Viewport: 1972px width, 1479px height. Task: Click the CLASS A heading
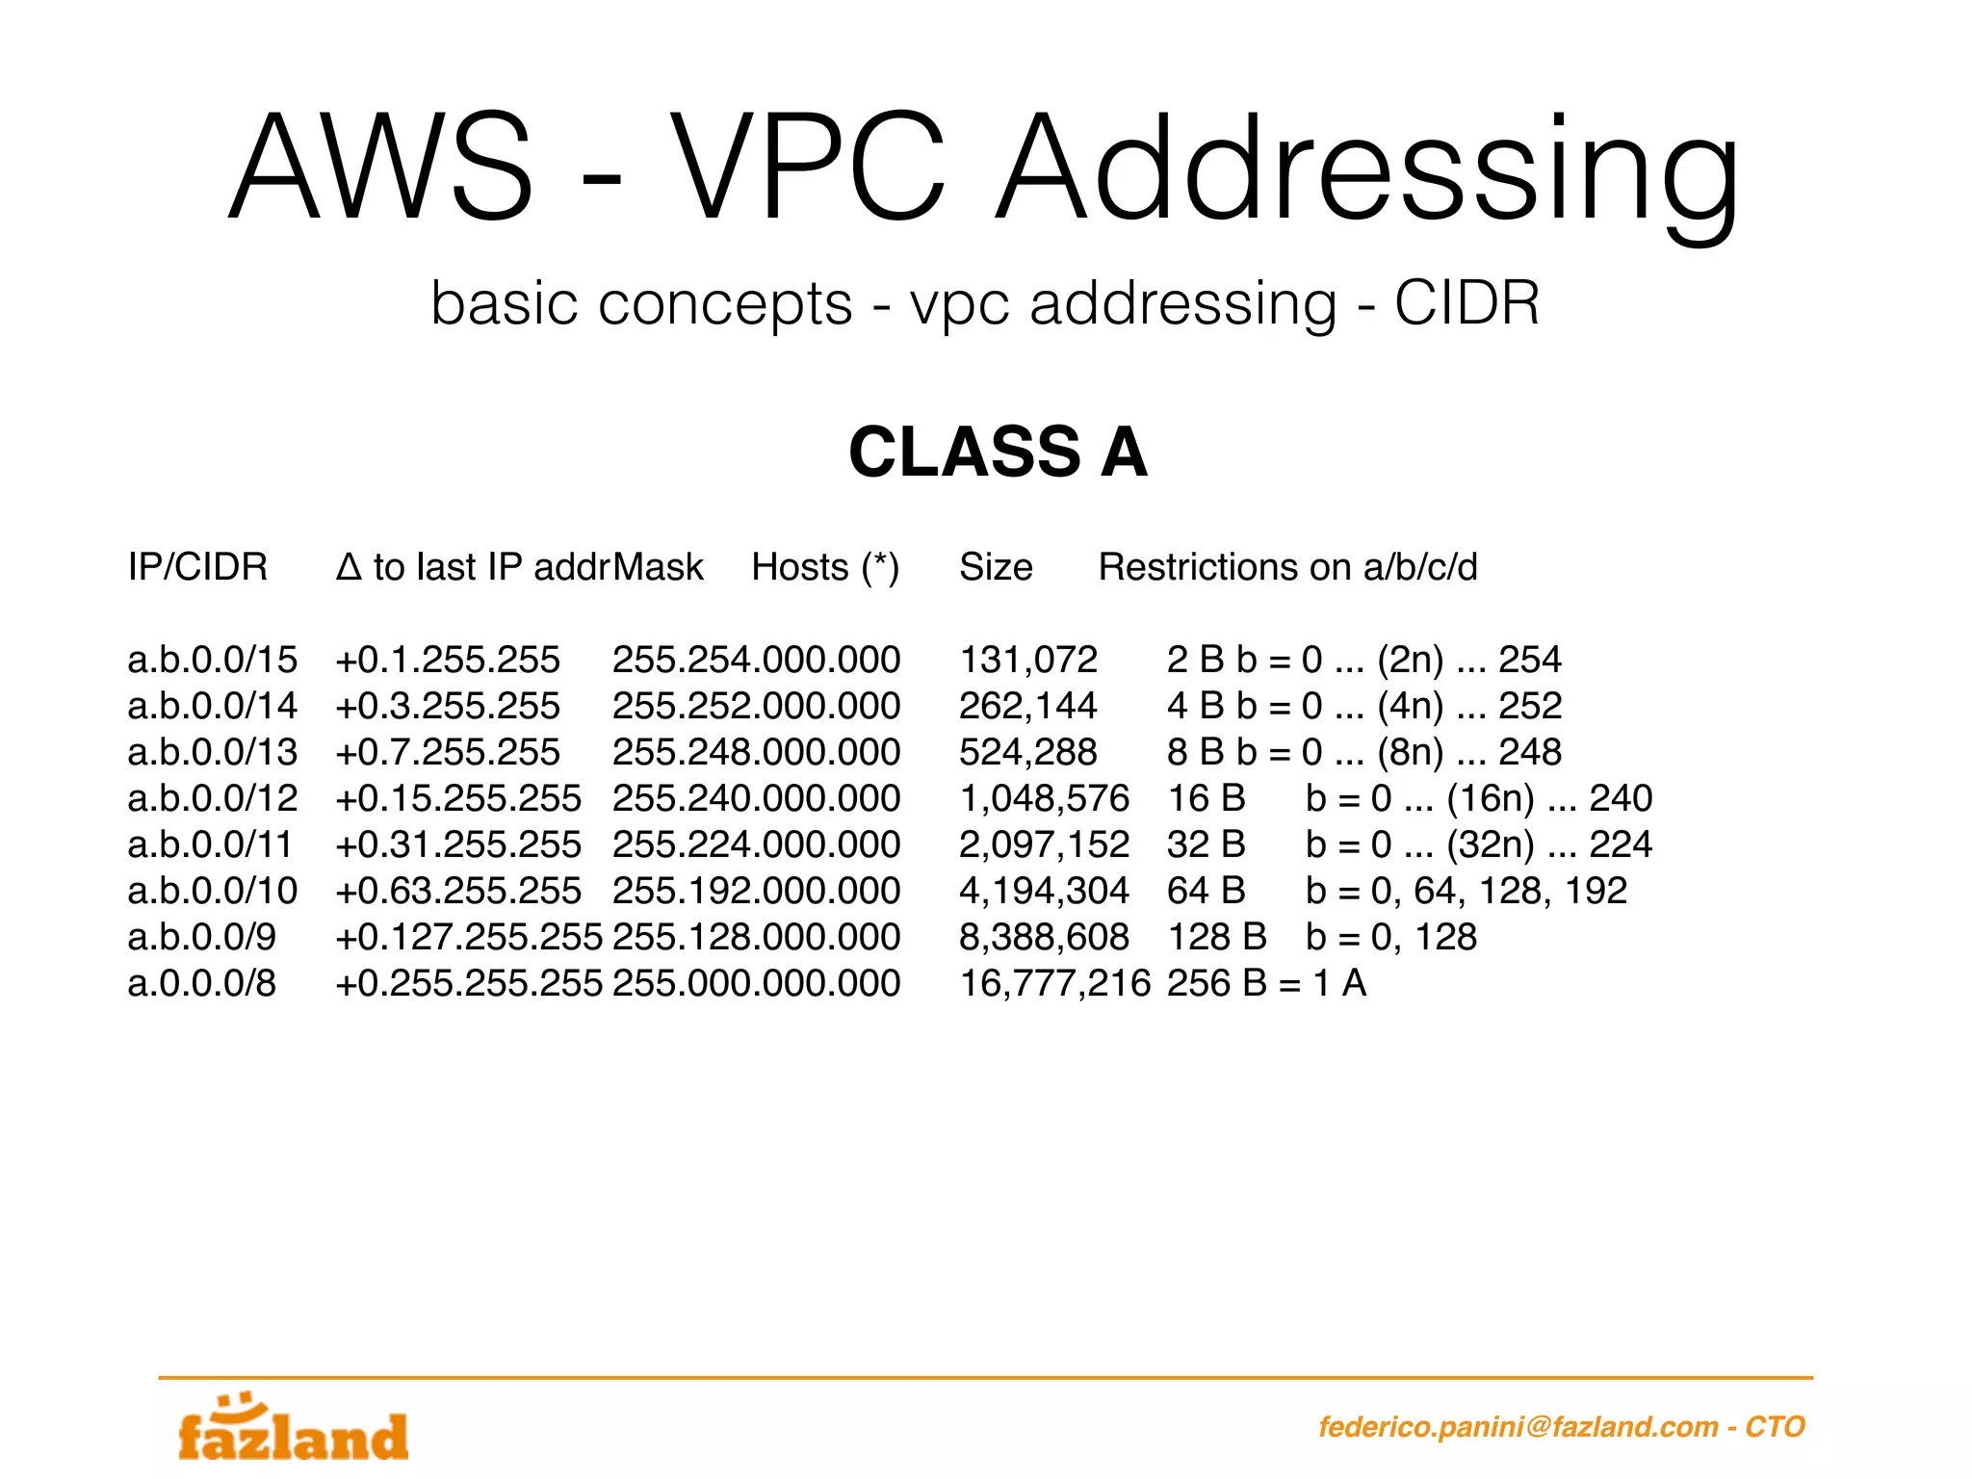pyautogui.click(x=998, y=452)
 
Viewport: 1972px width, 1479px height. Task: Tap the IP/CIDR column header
pyautogui.click(x=197, y=567)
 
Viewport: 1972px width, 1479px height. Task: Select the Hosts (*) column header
pyautogui.click(x=825, y=567)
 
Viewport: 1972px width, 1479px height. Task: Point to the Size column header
pyautogui.click(x=996, y=567)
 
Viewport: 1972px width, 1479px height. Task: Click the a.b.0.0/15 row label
pyautogui.click(x=213, y=660)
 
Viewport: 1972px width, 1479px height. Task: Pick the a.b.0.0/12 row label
pyautogui.click(x=213, y=798)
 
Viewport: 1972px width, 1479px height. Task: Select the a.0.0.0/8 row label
pyautogui.click(x=202, y=983)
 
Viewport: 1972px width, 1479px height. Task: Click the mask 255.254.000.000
pyautogui.click(x=756, y=660)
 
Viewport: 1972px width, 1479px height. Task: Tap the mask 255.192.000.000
pyautogui.click(x=756, y=891)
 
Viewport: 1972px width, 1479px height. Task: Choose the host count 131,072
pyautogui.click(x=1028, y=660)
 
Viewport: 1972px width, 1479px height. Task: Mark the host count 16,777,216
pyautogui.click(x=1054, y=983)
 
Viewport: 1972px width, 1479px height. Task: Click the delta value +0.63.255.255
pyautogui.click(x=458, y=891)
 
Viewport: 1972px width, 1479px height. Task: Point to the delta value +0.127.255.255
pyautogui.click(x=469, y=937)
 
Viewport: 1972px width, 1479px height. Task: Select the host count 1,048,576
pyautogui.click(x=1044, y=798)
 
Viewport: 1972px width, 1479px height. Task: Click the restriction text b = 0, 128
pyautogui.click(x=1390, y=937)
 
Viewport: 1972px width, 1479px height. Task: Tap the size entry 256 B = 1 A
pyautogui.click(x=1266, y=983)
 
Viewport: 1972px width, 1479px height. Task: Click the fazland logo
pyautogui.click(x=294, y=1431)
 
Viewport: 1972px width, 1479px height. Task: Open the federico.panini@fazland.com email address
pyautogui.click(x=1518, y=1426)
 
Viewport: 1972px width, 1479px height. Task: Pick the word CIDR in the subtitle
pyautogui.click(x=1466, y=303)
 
